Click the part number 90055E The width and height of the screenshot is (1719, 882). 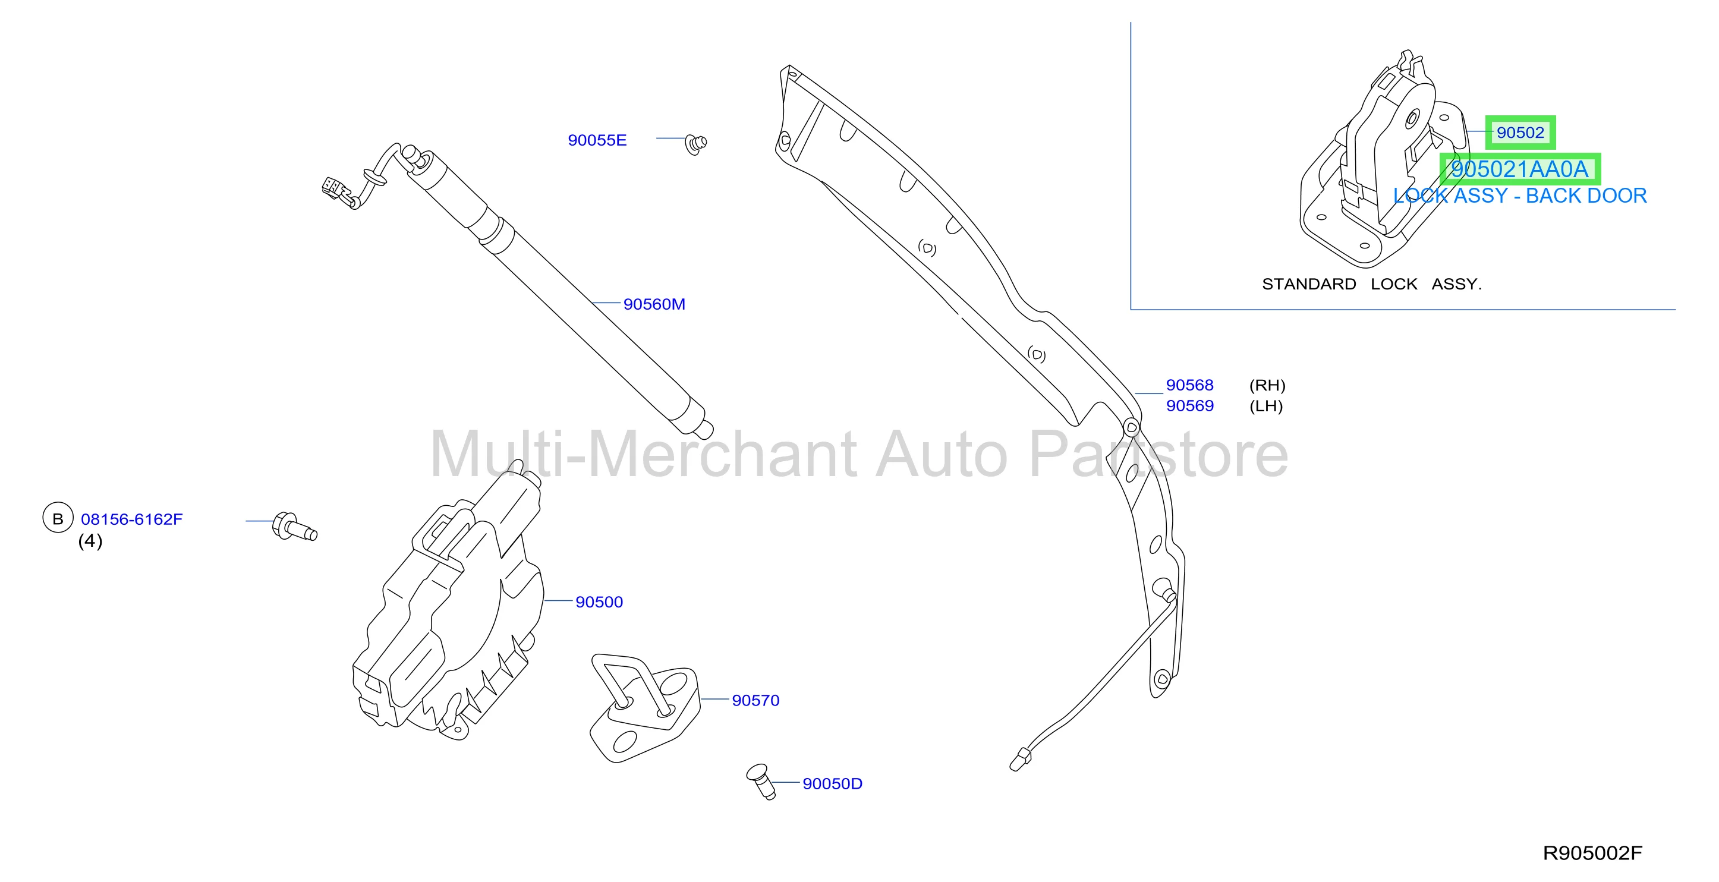click(597, 140)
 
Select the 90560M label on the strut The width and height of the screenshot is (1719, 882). click(654, 304)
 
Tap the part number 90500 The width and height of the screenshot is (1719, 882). click(599, 602)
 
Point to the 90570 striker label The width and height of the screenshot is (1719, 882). click(755, 701)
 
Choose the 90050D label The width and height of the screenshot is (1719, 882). click(832, 783)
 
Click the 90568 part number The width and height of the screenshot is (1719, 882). click(1189, 385)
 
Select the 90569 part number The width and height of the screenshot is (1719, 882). click(1189, 406)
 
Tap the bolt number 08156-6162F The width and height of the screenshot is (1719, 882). click(131, 519)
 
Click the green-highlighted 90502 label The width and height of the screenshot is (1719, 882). click(1520, 133)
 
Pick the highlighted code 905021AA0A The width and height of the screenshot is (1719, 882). click(1519, 169)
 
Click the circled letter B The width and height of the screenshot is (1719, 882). click(58, 518)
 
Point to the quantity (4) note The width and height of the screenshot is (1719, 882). click(90, 540)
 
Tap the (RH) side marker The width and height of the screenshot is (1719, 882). click(1267, 385)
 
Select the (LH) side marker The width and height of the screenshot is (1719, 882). click(1266, 406)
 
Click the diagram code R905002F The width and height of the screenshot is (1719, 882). click(1592, 853)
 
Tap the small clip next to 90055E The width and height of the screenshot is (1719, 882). click(695, 144)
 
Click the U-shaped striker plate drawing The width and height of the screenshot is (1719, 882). click(644, 707)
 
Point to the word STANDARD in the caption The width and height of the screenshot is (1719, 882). click(1309, 284)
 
